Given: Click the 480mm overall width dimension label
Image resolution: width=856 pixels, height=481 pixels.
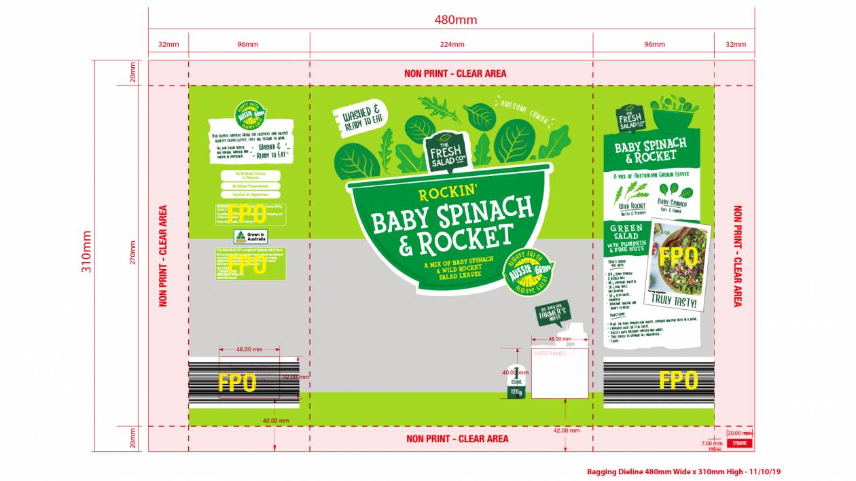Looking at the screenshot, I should tap(455, 20).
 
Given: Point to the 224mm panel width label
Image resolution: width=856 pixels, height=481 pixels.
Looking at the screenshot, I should tap(452, 45).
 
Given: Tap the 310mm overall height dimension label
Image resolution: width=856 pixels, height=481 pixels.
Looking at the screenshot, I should tap(86, 251).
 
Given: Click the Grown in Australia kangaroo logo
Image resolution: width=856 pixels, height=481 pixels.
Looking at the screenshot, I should tap(250, 236).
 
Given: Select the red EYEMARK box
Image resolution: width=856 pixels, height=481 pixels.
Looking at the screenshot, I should tap(740, 443).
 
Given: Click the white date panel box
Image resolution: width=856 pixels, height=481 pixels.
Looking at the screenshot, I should tap(559, 374).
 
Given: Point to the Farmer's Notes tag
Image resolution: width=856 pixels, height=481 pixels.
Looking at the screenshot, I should tap(551, 315).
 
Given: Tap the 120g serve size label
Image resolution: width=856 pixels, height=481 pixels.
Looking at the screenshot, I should tap(516, 393).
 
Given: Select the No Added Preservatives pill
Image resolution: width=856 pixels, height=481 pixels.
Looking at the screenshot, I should tap(250, 185).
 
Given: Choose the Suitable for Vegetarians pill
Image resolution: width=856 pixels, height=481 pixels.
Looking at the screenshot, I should tap(250, 195).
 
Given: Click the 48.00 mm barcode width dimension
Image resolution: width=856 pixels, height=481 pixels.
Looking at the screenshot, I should tap(249, 349).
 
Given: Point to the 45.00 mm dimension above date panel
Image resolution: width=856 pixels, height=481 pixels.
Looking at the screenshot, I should tap(559, 338).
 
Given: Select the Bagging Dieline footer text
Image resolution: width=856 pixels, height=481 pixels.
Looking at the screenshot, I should tap(688, 471).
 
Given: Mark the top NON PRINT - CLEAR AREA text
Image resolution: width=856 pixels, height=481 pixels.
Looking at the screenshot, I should tap(455, 73).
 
